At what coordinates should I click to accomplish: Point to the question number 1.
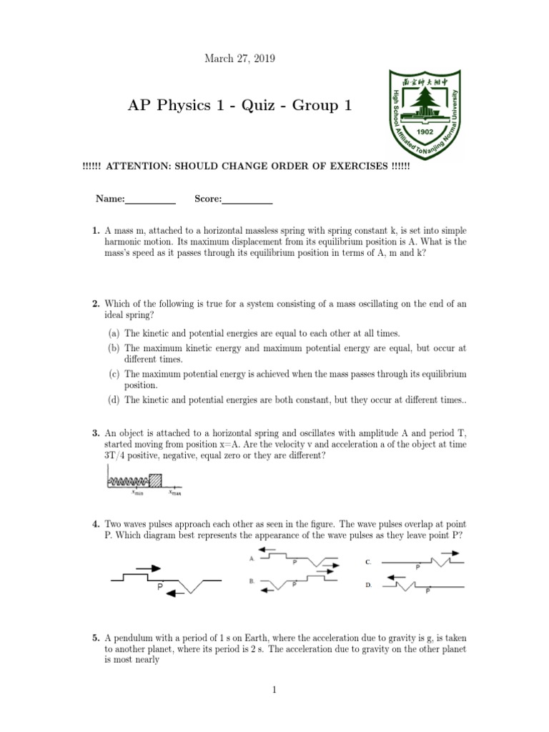pyautogui.click(x=95, y=232)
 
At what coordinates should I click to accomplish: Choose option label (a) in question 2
pyautogui.click(x=114, y=333)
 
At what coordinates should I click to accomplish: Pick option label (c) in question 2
pyautogui.click(x=114, y=374)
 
